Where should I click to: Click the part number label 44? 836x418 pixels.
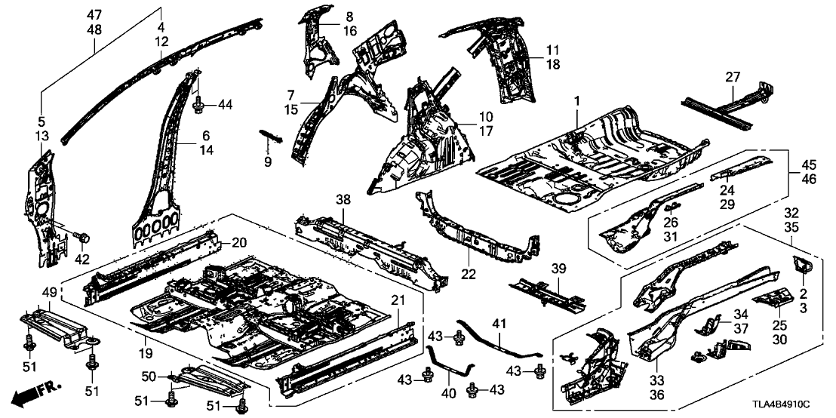(x=224, y=105)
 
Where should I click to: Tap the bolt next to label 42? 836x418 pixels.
(x=85, y=238)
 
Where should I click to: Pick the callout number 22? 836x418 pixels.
(x=469, y=275)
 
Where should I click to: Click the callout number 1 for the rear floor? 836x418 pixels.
(x=576, y=100)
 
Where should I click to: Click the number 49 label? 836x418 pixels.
(x=49, y=292)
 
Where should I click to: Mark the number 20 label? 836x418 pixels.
(x=238, y=243)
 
